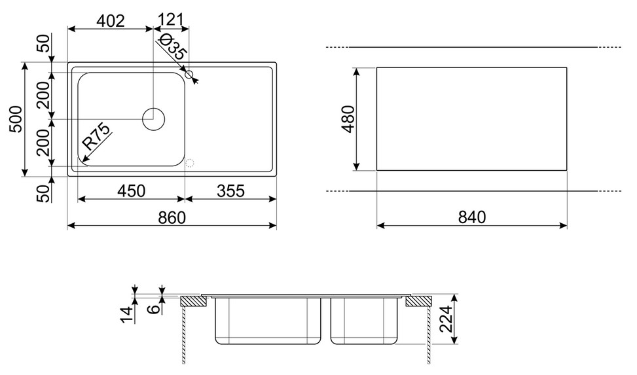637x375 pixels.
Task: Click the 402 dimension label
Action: pos(110,20)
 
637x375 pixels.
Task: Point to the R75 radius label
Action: pos(96,137)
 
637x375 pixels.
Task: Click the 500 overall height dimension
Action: pos(16,119)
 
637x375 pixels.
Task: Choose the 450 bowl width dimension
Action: pos(131,190)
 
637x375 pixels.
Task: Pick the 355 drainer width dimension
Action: pos(230,190)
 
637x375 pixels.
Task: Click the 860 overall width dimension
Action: pos(172,218)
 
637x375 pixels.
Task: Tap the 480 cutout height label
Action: pos(348,119)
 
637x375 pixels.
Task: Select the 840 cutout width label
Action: pos(471,217)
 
